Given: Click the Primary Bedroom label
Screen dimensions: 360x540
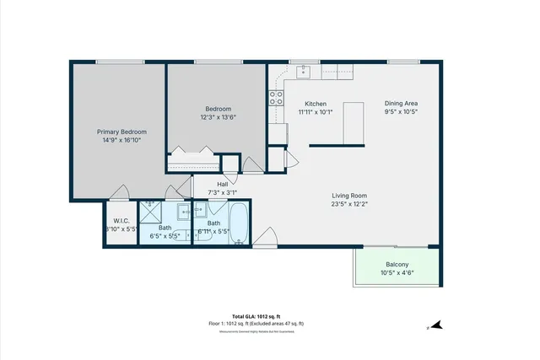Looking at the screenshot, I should click(x=121, y=132).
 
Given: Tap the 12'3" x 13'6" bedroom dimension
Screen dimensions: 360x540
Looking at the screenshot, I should click(x=218, y=118).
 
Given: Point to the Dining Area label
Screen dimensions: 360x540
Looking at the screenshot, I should click(x=402, y=103).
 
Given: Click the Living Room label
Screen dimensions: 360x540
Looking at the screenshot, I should click(x=348, y=195).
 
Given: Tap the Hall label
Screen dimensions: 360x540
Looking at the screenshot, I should click(x=223, y=184).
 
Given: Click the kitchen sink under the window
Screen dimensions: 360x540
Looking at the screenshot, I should click(x=305, y=71).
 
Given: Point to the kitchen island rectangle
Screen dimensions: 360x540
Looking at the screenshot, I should click(x=354, y=122).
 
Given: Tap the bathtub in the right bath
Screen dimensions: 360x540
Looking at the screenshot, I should click(x=239, y=224).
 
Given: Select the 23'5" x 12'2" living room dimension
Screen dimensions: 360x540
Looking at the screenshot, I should click(x=348, y=203).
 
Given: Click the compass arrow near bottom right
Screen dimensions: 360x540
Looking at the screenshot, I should click(x=429, y=325).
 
